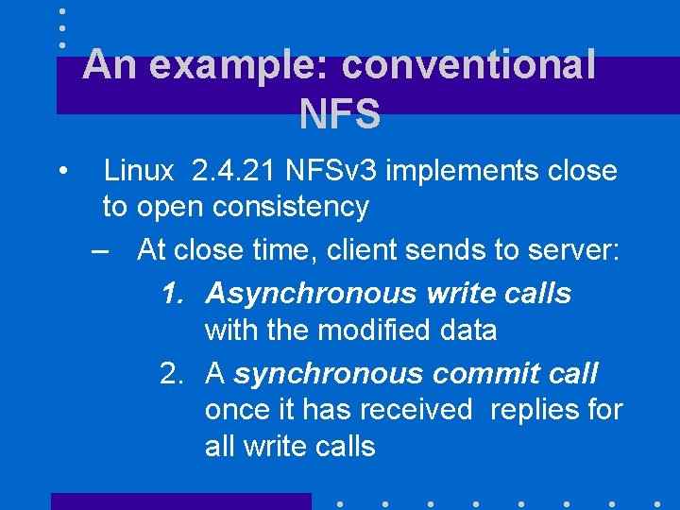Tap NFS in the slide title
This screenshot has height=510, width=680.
pos(339,114)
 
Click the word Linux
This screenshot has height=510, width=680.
pos(139,171)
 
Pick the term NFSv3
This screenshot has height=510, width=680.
pos(333,171)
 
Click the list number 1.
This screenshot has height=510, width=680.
pos(170,294)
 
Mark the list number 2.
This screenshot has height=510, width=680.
pos(170,374)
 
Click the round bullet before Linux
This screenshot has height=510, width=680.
pos(60,172)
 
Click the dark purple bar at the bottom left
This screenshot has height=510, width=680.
pos(180,501)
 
